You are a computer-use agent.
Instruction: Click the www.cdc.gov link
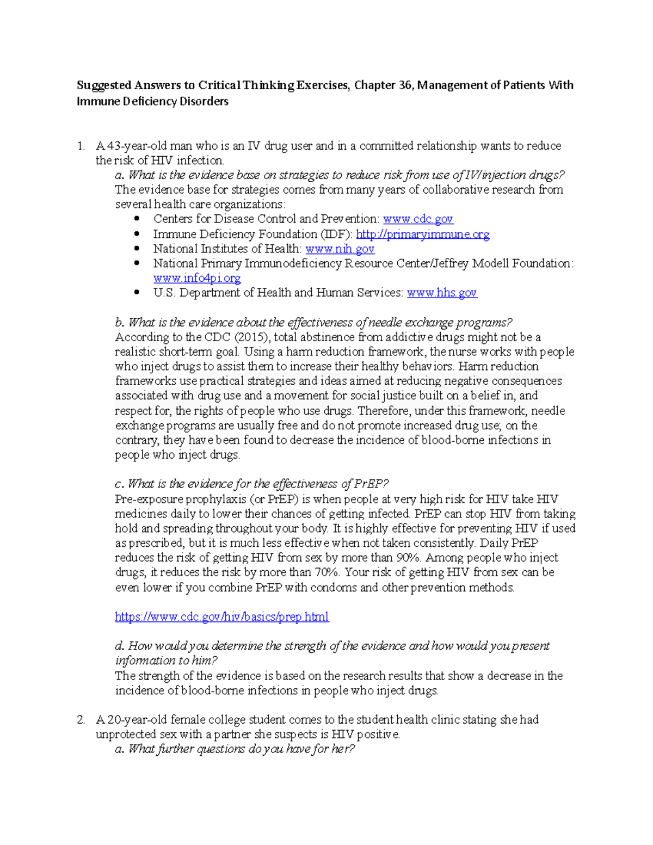tap(417, 219)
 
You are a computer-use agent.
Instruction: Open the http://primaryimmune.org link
tap(422, 234)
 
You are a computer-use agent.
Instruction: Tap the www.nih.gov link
tap(340, 249)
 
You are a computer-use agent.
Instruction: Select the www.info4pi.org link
tap(196, 278)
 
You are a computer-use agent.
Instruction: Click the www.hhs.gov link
tap(441, 293)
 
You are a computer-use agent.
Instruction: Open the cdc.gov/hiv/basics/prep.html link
tap(221, 616)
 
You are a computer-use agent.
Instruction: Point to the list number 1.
tap(81, 146)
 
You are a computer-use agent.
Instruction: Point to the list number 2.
tap(81, 719)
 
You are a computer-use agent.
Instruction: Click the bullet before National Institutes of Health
tap(137, 249)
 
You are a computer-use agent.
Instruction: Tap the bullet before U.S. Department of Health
tap(137, 293)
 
